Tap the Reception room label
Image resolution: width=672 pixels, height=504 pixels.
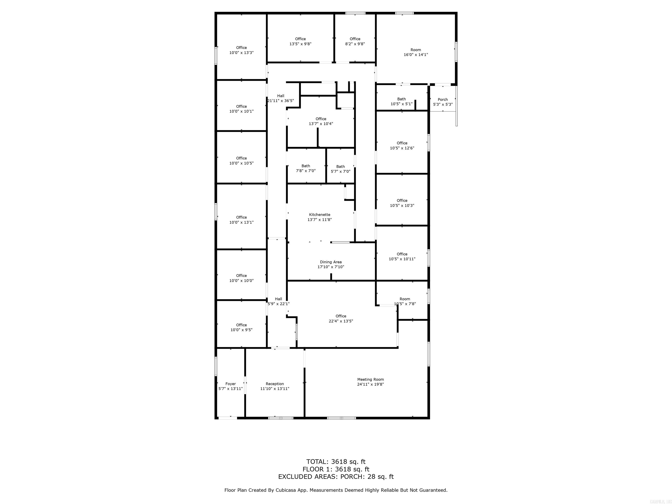[275, 384]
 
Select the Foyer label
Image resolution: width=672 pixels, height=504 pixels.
[231, 384]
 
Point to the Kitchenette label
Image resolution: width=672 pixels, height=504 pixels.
[320, 214]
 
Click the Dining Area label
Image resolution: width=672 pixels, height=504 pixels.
[331, 262]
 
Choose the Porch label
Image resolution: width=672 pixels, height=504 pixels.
[443, 99]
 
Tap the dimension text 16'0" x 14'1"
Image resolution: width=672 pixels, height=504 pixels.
[416, 55]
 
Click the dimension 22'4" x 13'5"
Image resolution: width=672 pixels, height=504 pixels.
[341, 321]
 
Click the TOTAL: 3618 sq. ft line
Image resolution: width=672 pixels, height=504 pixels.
[336, 462]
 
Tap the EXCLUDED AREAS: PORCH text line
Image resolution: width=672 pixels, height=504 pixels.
[336, 477]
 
